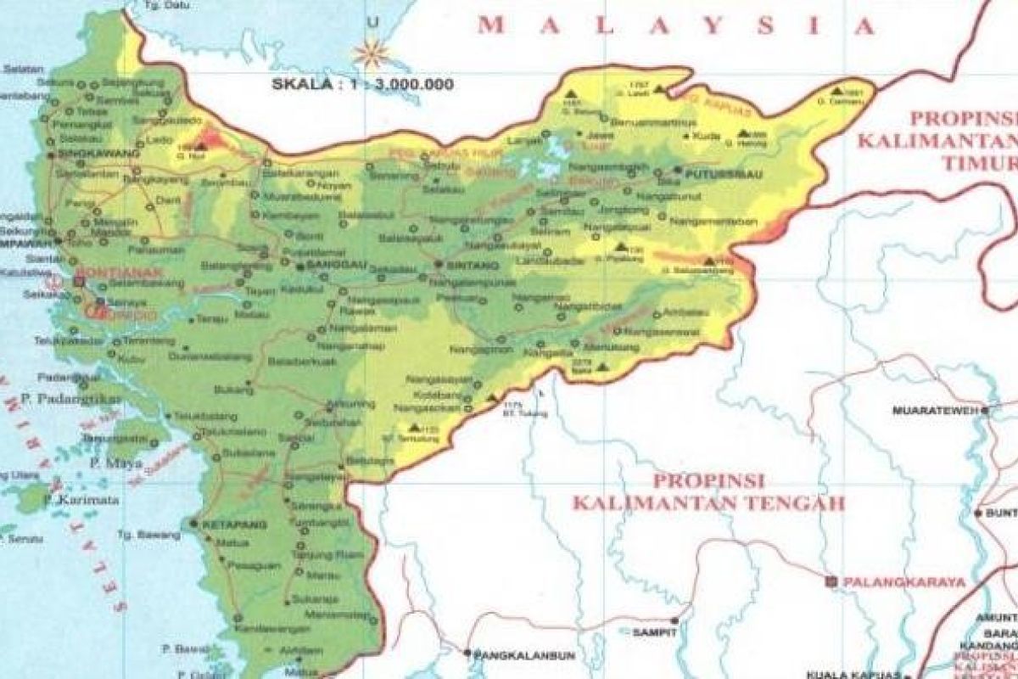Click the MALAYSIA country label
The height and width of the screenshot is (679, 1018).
tap(675, 26)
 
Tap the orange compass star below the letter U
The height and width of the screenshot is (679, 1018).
tap(370, 54)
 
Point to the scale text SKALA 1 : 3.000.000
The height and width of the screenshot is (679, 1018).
tap(362, 84)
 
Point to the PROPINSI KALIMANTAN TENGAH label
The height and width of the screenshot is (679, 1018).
tap(708, 491)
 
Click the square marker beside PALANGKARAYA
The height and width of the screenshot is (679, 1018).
tap(831, 581)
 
